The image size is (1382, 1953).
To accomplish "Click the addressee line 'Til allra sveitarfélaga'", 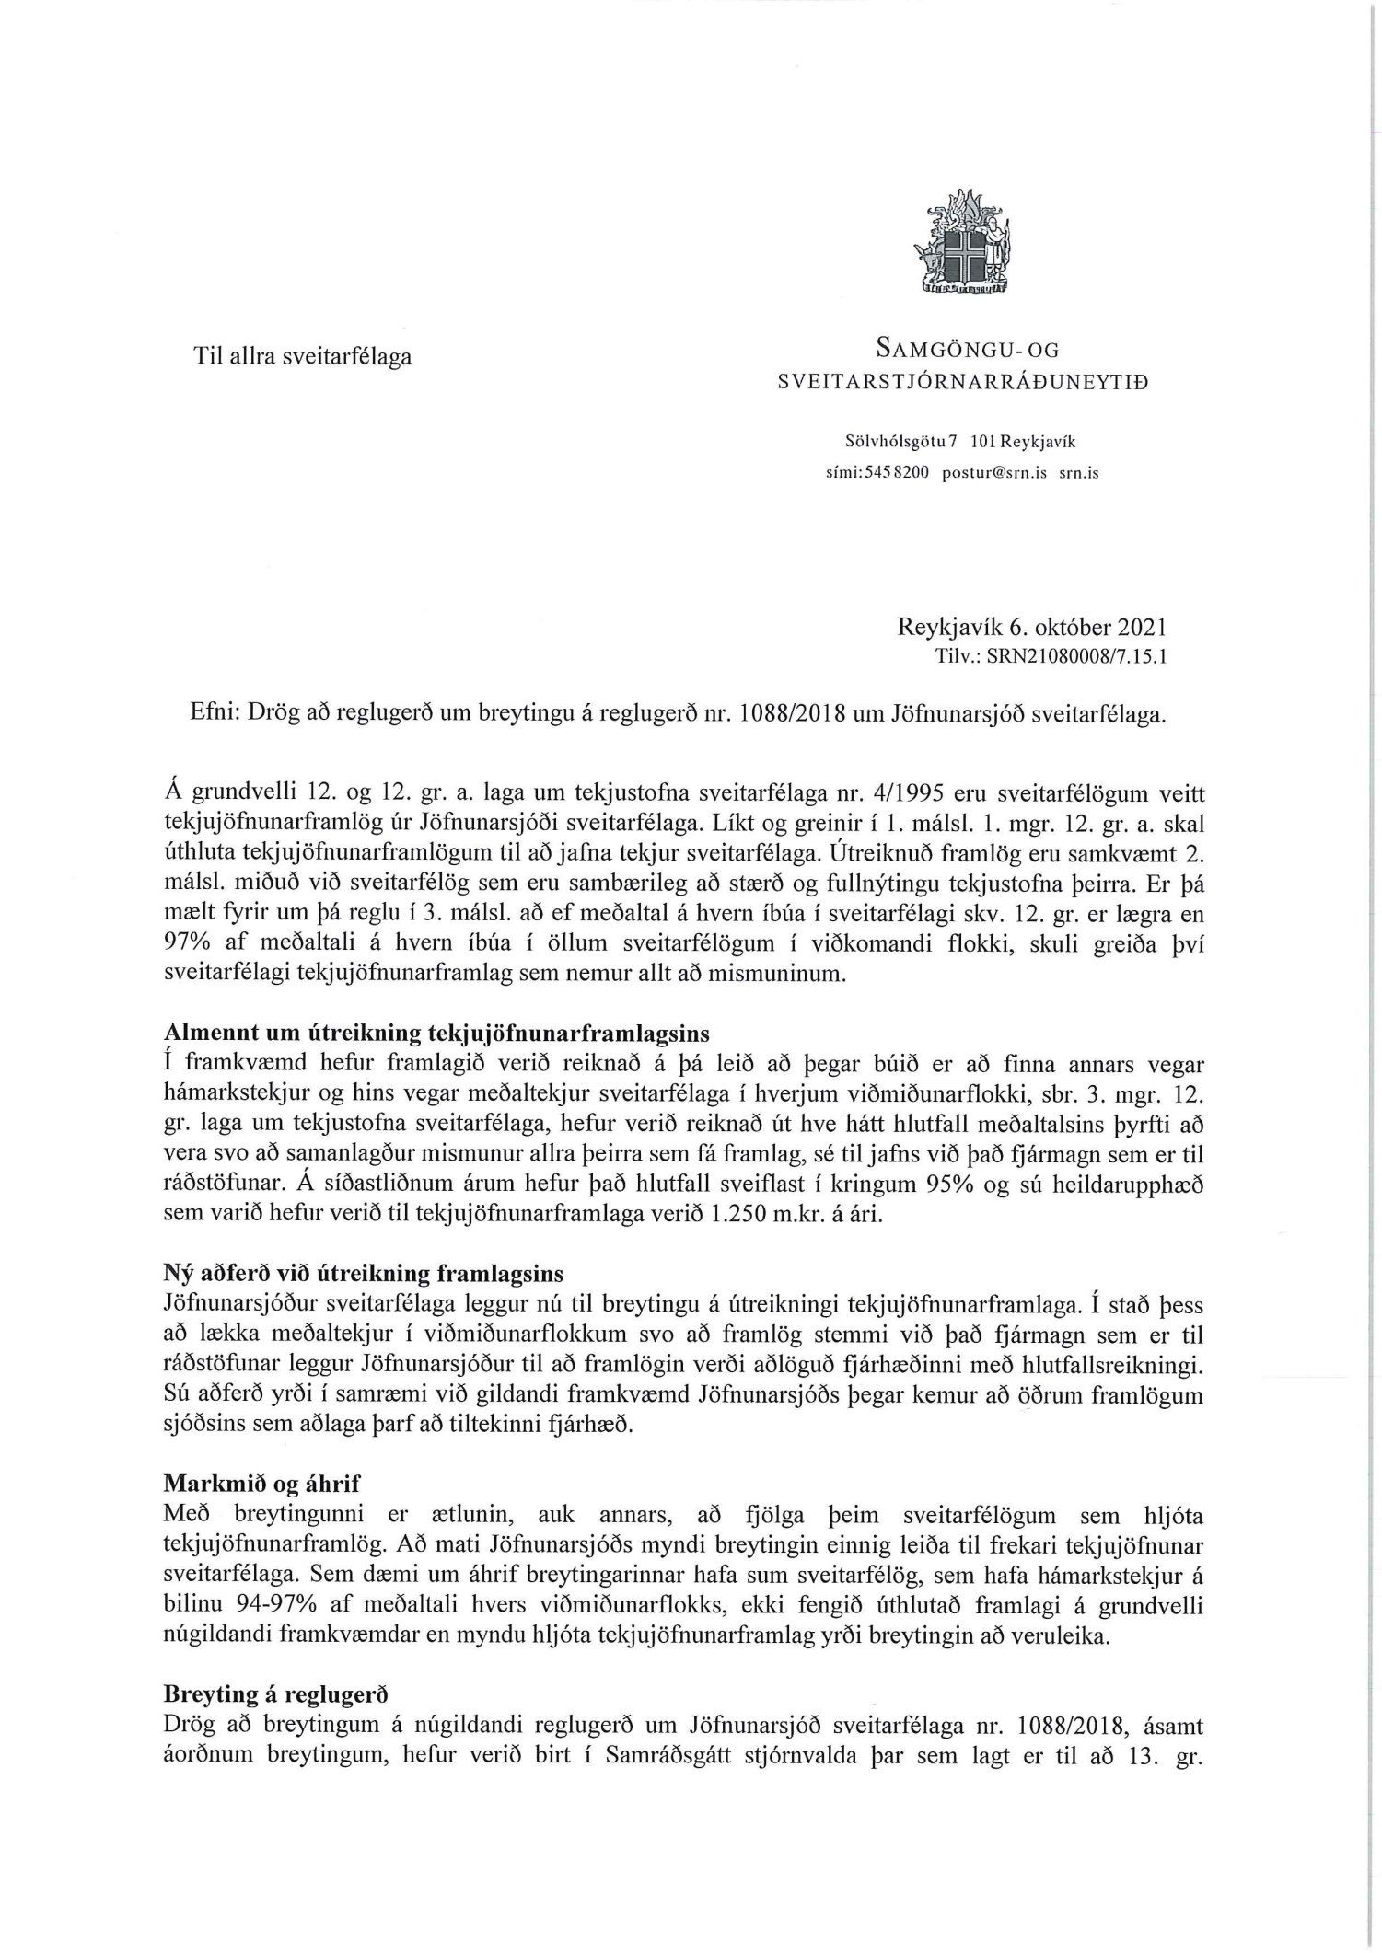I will point(302,356).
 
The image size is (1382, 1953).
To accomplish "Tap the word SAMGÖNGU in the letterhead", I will point(935,349).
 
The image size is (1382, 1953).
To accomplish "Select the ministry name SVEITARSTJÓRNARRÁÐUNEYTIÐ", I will point(963,382).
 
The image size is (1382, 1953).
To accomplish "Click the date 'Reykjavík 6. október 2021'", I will point(1032,630).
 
